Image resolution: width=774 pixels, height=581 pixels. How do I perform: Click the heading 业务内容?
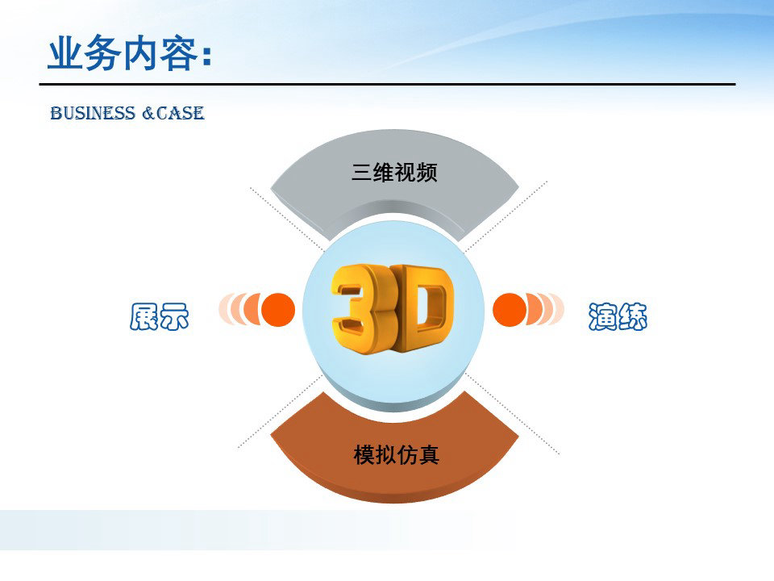(123, 53)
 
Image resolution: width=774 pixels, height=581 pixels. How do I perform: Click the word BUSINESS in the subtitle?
(93, 113)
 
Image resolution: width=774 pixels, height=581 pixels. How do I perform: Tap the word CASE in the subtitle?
(180, 113)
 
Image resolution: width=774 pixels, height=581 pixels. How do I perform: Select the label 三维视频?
(394, 173)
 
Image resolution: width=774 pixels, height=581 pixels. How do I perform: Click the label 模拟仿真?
(397, 454)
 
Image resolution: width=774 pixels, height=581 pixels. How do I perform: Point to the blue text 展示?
(160, 316)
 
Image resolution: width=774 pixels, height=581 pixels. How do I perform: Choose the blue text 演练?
(618, 316)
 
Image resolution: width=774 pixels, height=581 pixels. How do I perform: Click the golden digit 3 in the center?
(356, 309)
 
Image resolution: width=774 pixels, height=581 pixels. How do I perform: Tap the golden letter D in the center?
(422, 307)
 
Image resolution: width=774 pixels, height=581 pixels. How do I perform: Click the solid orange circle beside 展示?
(278, 310)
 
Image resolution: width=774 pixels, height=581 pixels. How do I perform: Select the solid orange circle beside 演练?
(510, 310)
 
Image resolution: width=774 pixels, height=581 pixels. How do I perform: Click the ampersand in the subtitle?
(148, 114)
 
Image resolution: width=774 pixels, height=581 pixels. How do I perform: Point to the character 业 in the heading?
(65, 53)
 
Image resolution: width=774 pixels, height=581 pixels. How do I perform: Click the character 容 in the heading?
(179, 53)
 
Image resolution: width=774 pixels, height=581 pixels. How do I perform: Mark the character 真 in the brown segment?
(429, 454)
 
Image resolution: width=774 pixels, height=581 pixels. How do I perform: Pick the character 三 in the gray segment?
(361, 173)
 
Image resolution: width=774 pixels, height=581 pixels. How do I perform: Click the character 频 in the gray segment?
(427, 173)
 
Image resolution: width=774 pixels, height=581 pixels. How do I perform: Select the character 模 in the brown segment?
(364, 454)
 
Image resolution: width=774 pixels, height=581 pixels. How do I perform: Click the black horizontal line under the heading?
(388, 85)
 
